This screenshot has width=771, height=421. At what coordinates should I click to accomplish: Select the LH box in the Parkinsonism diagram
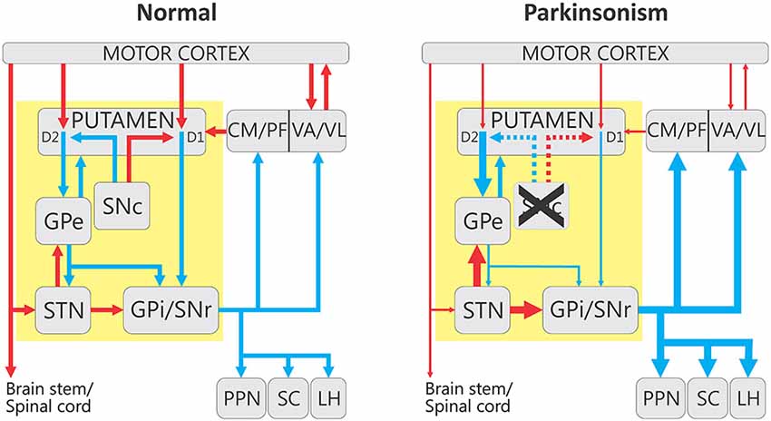tap(747, 398)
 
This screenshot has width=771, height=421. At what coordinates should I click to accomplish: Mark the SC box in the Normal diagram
tap(288, 398)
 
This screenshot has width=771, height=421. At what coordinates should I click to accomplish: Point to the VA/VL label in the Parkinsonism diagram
tap(736, 132)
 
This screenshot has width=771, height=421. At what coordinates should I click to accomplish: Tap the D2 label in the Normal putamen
tap(51, 137)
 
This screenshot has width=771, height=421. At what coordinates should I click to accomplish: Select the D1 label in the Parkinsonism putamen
tap(613, 137)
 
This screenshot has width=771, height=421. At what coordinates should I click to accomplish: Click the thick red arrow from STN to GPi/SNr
tap(524, 310)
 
